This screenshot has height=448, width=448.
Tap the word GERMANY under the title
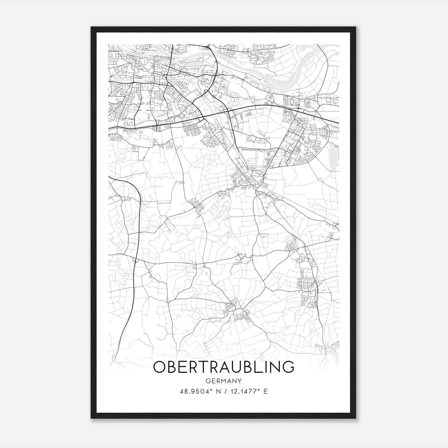coord(224,381)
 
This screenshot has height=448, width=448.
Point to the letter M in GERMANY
coord(223,381)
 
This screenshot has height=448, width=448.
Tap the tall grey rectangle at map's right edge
coord(334,157)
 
